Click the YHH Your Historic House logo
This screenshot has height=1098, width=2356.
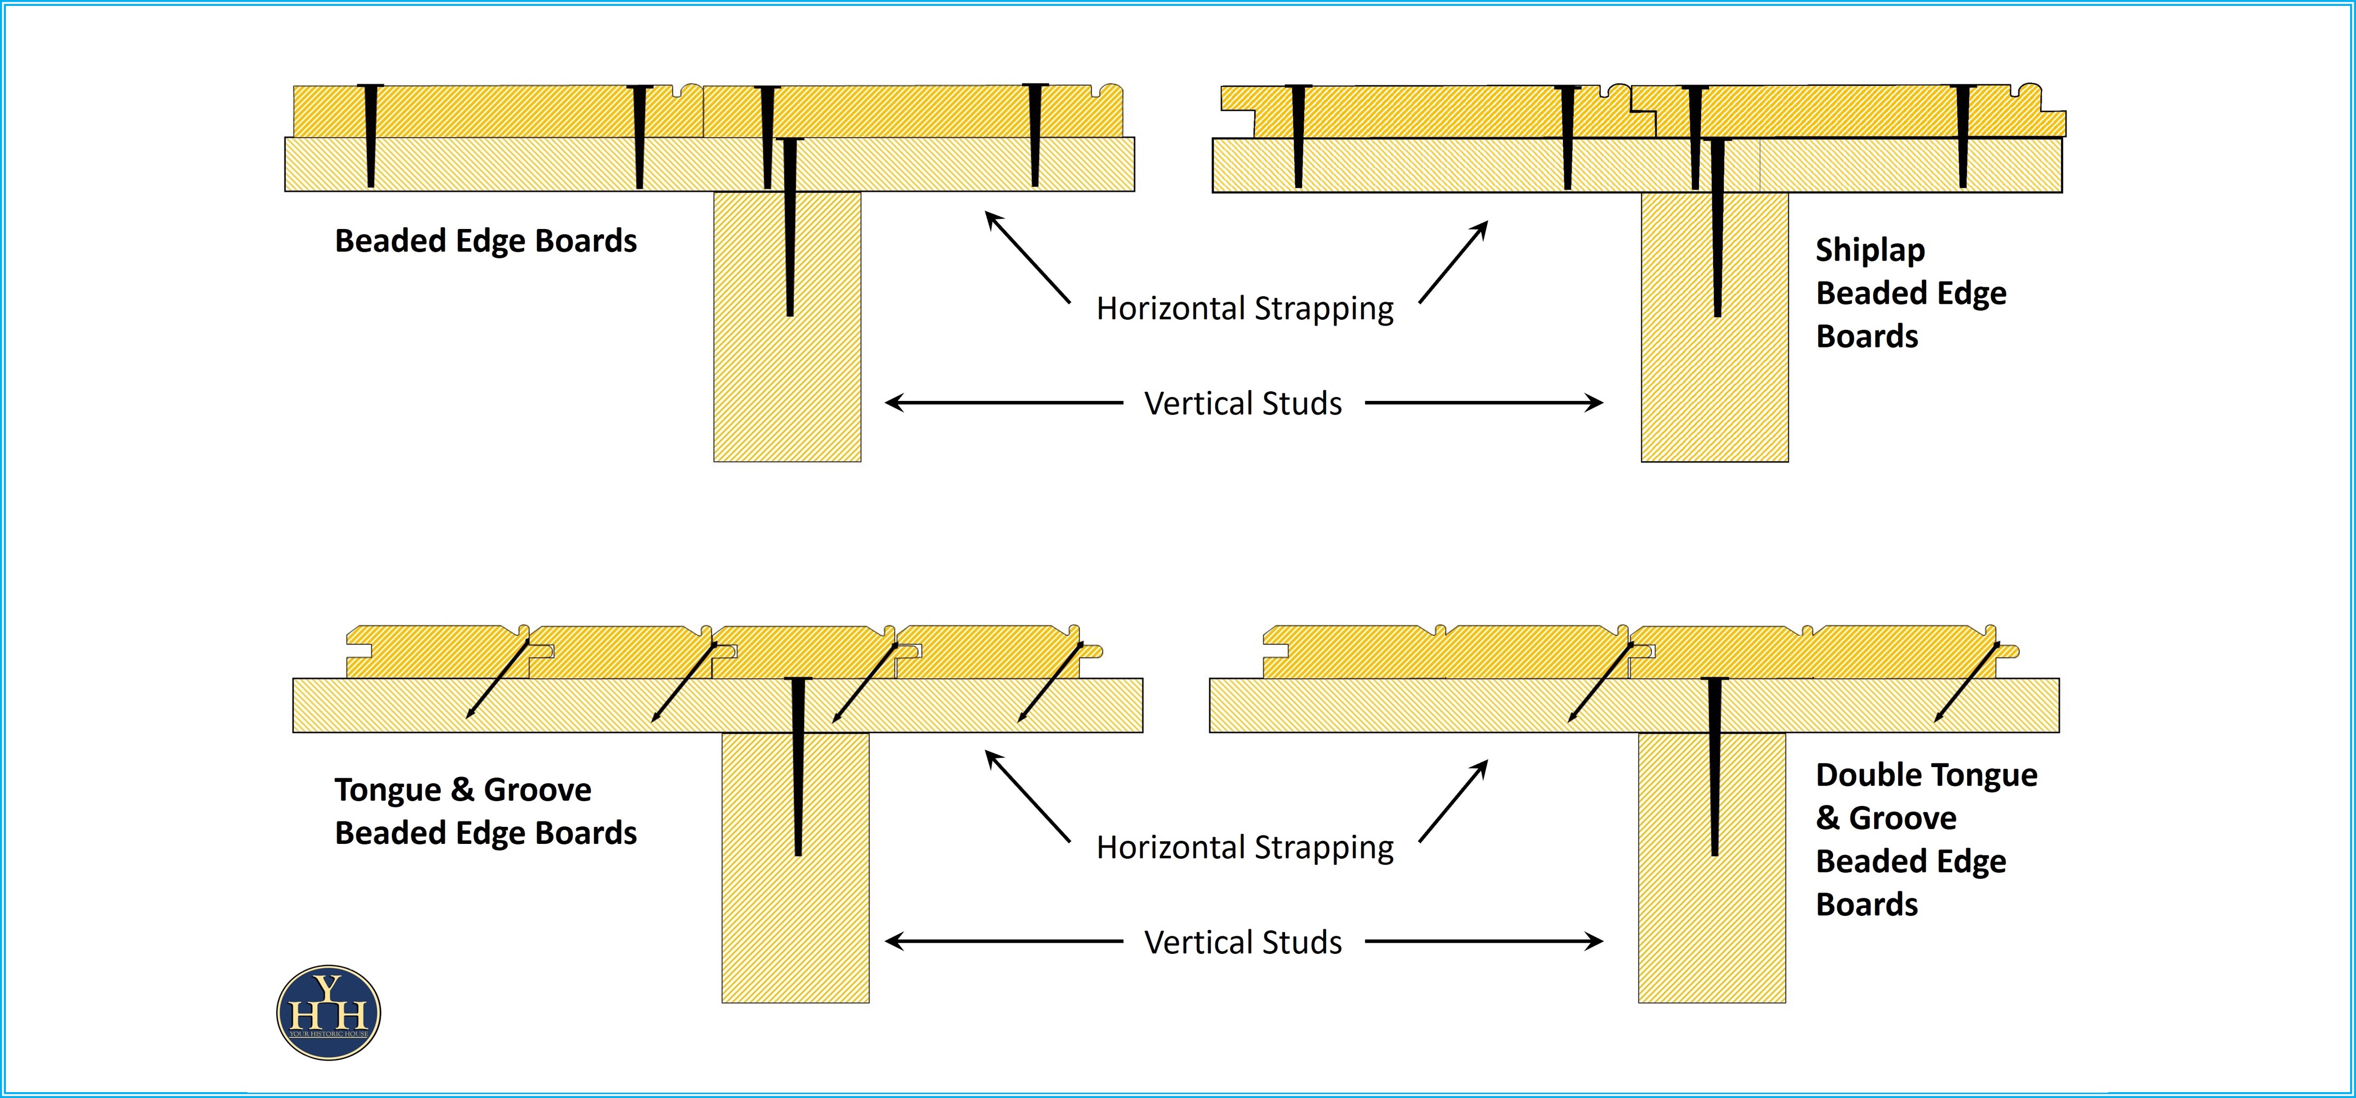pyautogui.click(x=328, y=1012)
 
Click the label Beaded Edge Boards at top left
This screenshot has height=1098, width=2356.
pyautogui.click(x=486, y=240)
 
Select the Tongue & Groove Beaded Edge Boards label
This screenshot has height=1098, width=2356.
pyautogui.click(x=486, y=811)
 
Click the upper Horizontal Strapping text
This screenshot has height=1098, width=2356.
pyautogui.click(x=1245, y=308)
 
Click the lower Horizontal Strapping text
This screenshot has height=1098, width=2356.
pyautogui.click(x=1245, y=848)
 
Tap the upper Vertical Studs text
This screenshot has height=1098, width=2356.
pyautogui.click(x=1243, y=403)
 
